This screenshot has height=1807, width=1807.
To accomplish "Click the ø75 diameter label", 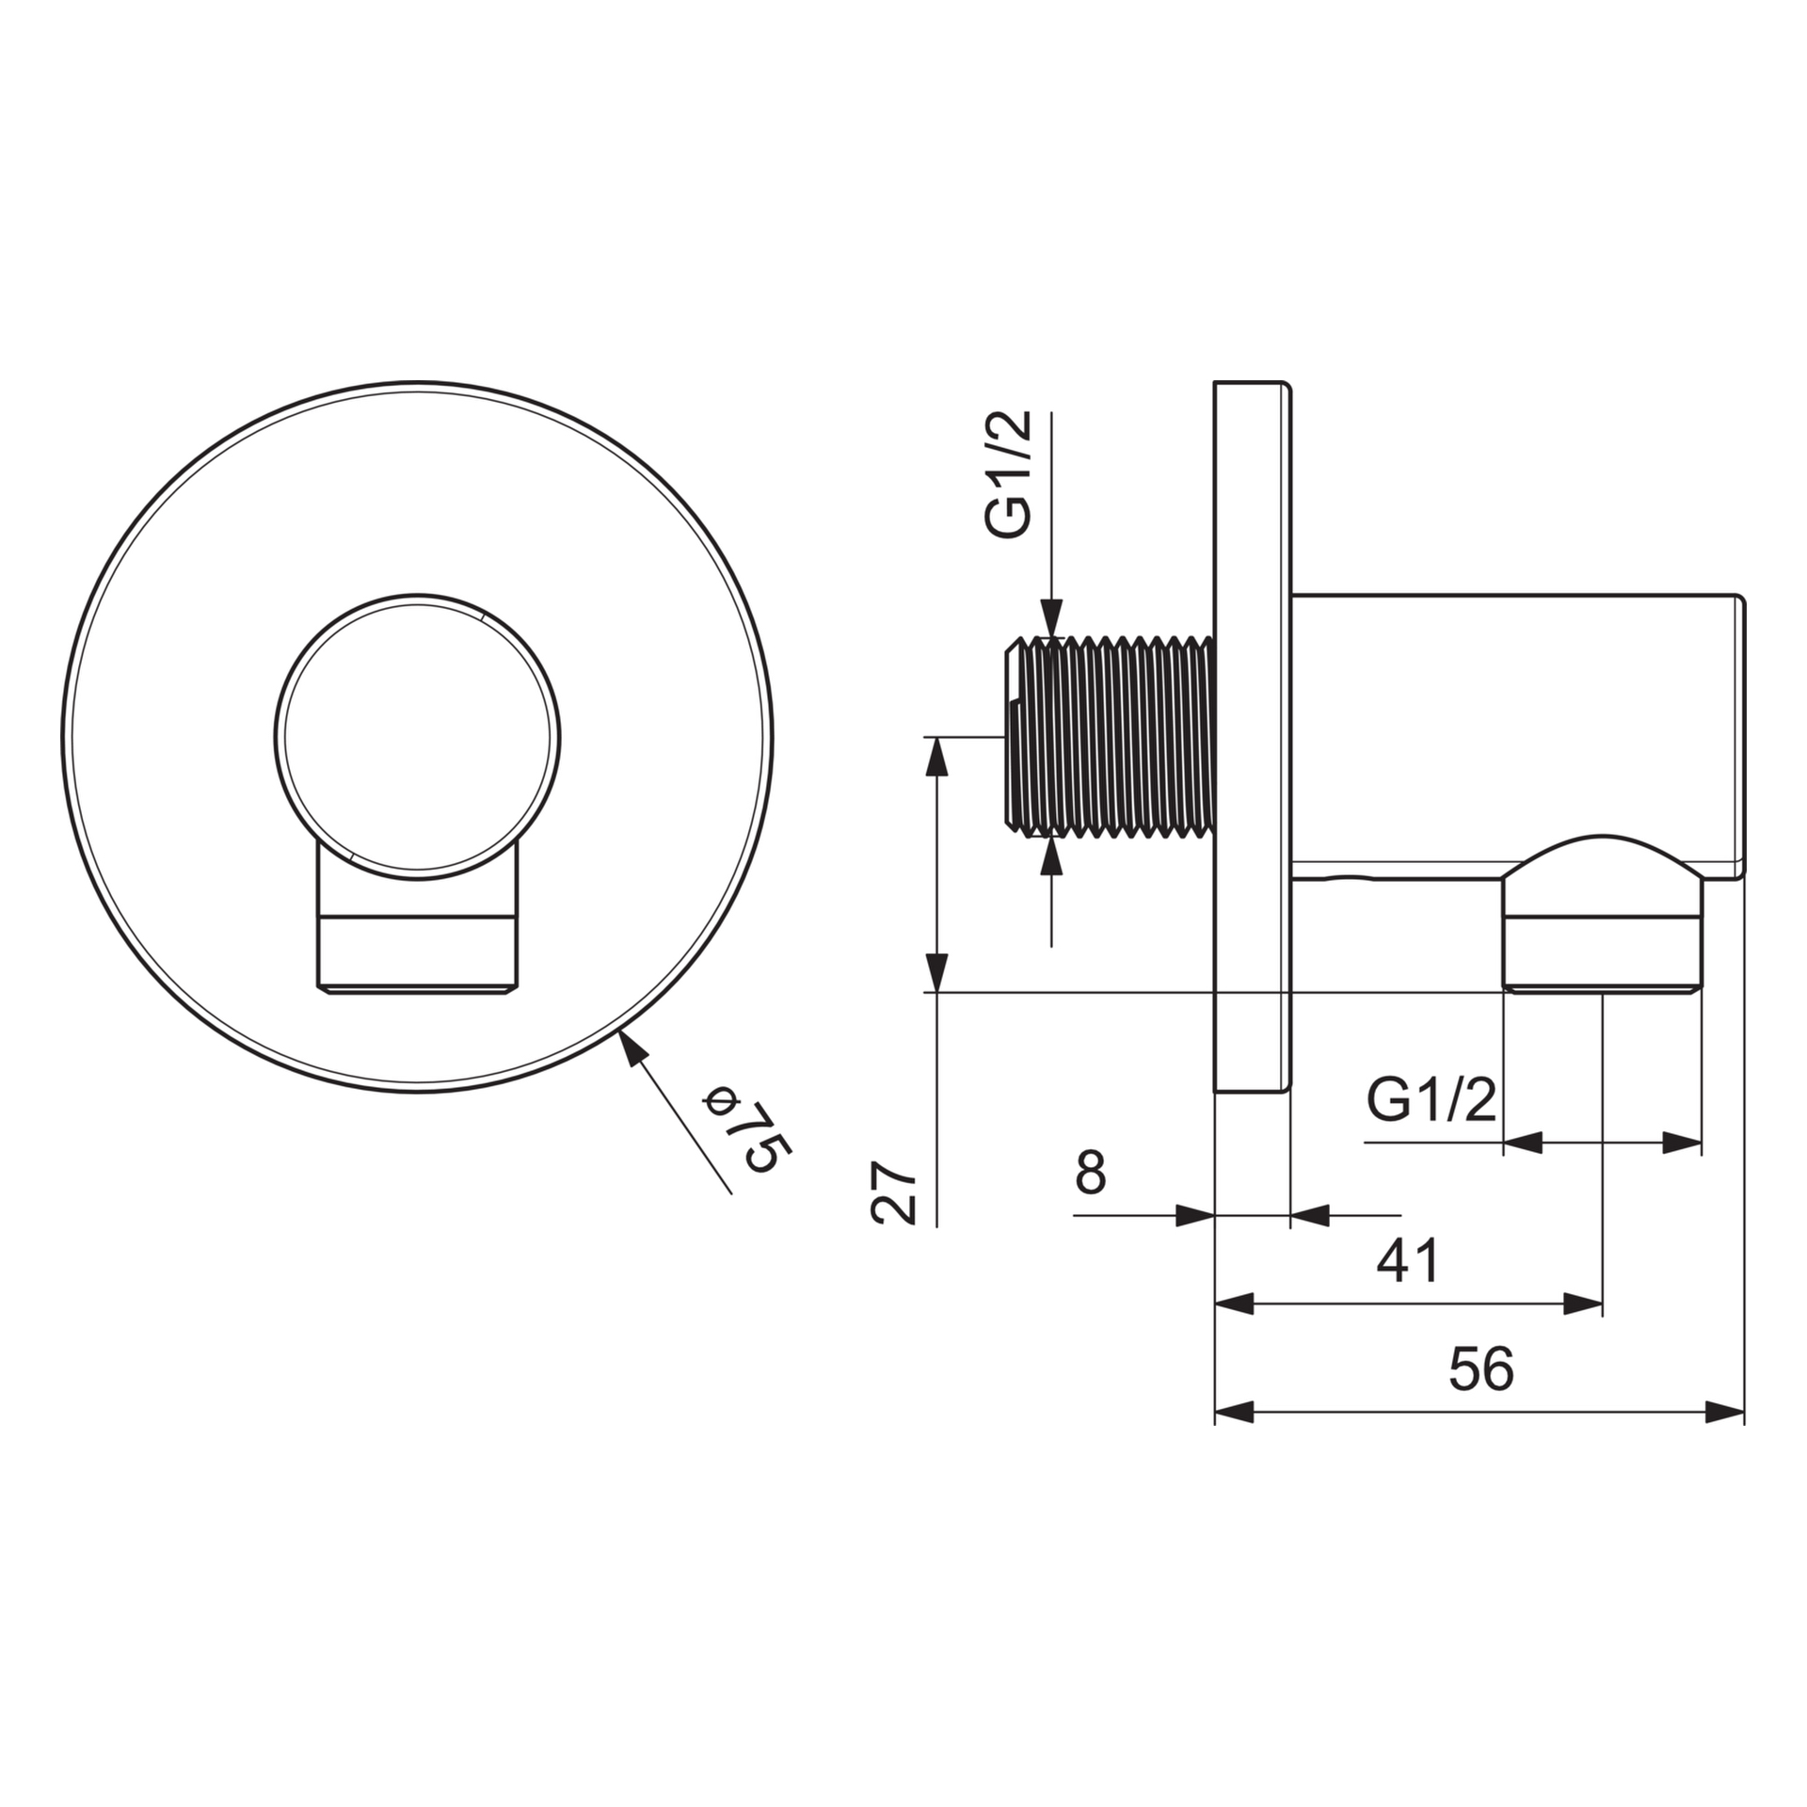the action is (749, 1129).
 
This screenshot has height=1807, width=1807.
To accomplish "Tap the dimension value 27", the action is (895, 1192).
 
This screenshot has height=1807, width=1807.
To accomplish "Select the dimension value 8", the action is (1090, 1173).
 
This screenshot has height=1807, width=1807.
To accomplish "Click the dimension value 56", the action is (1481, 1368).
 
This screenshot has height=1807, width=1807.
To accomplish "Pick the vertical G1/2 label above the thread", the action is (1011, 475).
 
